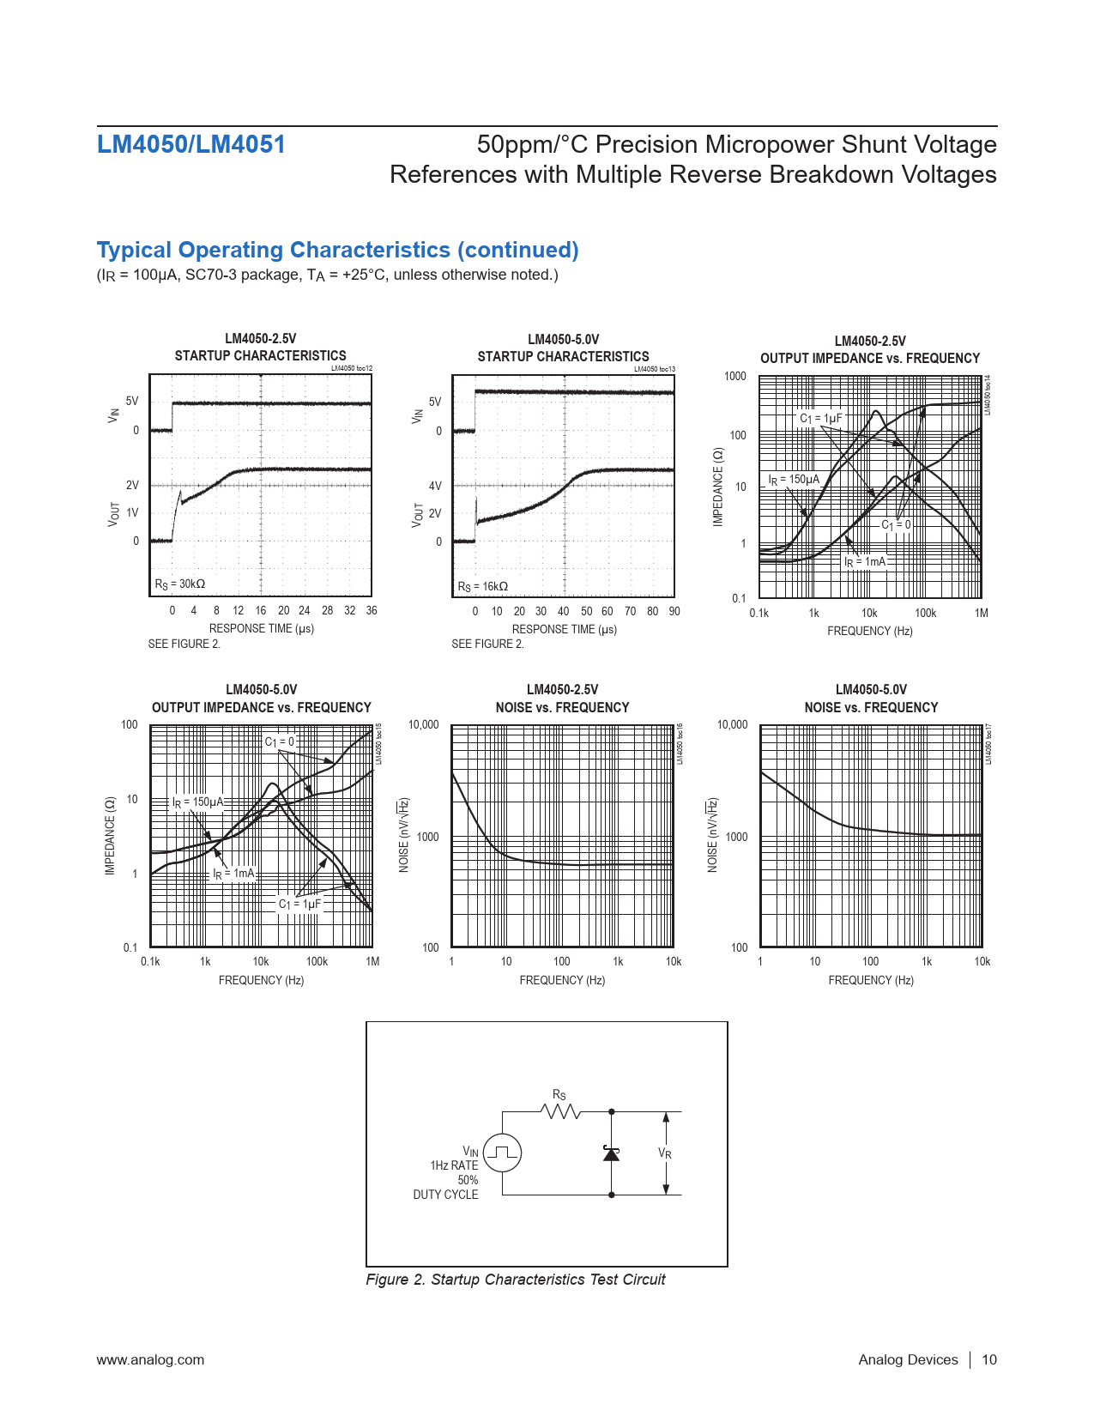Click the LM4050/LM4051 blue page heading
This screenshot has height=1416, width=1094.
click(x=190, y=144)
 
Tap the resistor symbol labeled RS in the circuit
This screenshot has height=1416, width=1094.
click(x=560, y=1111)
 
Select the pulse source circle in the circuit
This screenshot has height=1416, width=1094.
click(x=502, y=1153)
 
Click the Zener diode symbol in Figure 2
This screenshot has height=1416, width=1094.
click(x=611, y=1153)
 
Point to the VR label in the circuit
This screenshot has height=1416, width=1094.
click(x=665, y=1153)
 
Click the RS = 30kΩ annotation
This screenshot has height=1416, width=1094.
click(x=180, y=584)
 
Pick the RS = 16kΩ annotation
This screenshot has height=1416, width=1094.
click(x=483, y=586)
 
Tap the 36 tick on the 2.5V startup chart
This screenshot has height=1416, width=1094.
click(x=371, y=611)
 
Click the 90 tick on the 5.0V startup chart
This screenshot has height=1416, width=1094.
click(x=674, y=612)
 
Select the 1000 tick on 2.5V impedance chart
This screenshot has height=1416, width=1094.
click(x=735, y=377)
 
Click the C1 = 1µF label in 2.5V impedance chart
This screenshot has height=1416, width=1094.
click(x=821, y=419)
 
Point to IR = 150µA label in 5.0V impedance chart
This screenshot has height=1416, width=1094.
click(x=198, y=802)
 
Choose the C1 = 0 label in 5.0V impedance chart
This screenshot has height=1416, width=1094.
click(x=280, y=741)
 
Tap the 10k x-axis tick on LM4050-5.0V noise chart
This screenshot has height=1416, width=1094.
click(x=982, y=962)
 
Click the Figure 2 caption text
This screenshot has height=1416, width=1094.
click(x=515, y=1280)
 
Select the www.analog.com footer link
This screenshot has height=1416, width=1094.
click(x=150, y=1359)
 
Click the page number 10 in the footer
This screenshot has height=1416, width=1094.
click(x=989, y=1359)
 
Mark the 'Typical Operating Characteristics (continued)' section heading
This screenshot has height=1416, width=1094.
click(x=337, y=250)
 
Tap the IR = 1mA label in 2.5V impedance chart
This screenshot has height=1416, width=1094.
click(x=865, y=562)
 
